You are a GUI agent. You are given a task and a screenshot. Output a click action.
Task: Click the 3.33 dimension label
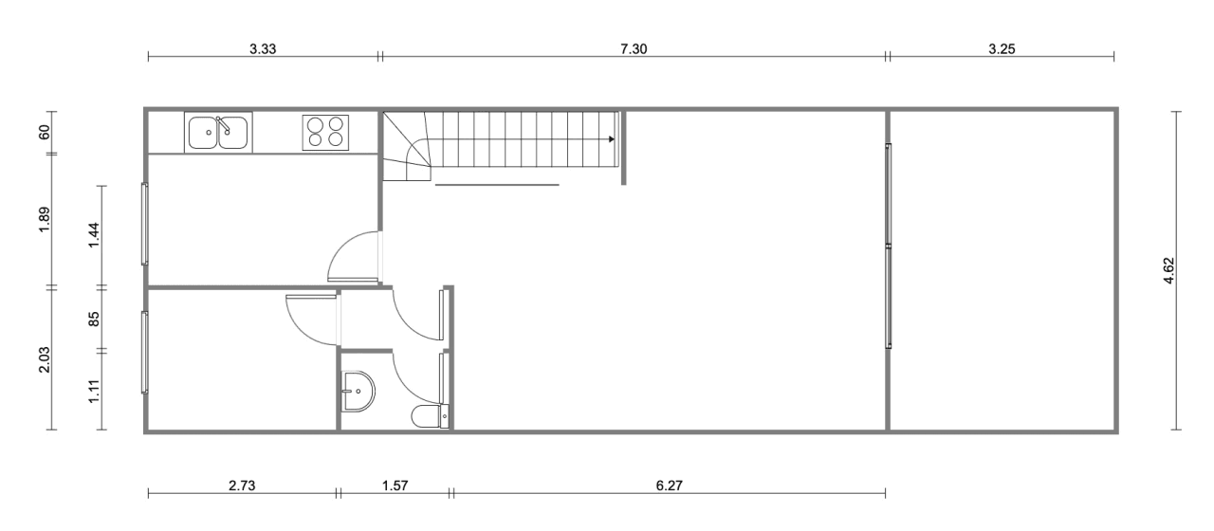pyautogui.click(x=263, y=49)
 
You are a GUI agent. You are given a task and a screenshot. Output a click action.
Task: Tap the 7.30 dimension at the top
pyautogui.click(x=634, y=49)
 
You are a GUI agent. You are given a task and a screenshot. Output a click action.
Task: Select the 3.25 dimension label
pyautogui.click(x=1002, y=49)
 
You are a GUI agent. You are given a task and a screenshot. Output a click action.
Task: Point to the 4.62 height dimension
pyautogui.click(x=1168, y=270)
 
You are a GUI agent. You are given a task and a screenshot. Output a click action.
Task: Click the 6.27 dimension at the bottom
pyautogui.click(x=670, y=485)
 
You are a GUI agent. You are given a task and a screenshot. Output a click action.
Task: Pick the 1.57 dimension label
pyautogui.click(x=395, y=485)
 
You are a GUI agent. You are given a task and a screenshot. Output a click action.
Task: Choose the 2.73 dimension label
pyautogui.click(x=242, y=485)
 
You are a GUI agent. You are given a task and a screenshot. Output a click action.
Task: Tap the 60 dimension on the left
pyautogui.click(x=44, y=132)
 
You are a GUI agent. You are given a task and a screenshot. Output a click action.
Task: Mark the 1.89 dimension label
pyautogui.click(x=44, y=220)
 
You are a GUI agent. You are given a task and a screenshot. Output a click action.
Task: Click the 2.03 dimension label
pyautogui.click(x=44, y=359)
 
